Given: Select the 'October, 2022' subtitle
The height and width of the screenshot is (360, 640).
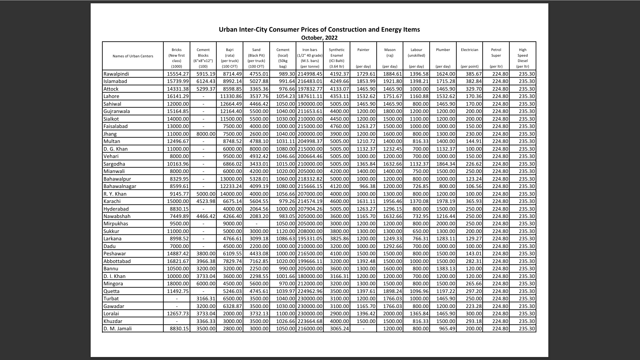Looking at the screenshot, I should click(319, 38).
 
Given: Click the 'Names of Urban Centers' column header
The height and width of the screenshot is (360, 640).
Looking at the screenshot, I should click(133, 56).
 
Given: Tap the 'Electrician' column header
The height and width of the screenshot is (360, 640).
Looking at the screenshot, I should click(469, 50).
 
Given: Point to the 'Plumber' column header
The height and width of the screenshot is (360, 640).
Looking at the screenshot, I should click(443, 50).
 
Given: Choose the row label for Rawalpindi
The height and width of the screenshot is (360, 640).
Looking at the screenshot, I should click(116, 74).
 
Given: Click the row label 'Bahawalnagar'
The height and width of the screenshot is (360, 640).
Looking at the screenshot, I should click(120, 186).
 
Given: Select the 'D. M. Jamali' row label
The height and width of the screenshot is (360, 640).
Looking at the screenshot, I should click(117, 329).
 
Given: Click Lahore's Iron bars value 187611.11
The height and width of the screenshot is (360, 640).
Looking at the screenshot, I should click(310, 96).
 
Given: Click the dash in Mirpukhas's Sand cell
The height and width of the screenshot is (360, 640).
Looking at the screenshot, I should click(256, 224).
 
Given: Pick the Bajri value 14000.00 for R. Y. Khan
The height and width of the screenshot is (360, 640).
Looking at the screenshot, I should click(231, 194).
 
